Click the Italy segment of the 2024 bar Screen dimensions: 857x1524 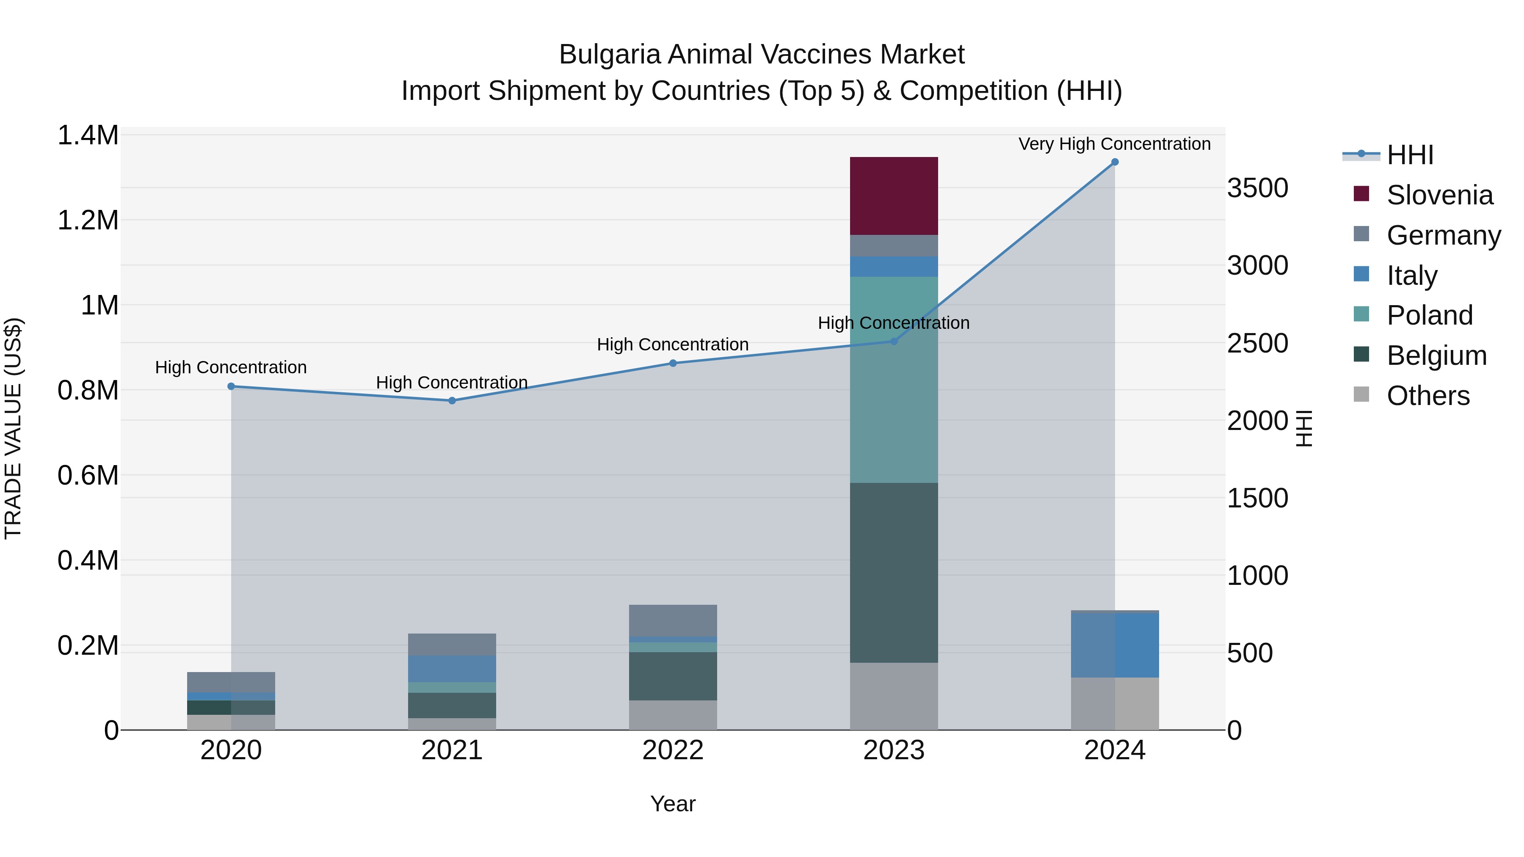pyautogui.click(x=1115, y=645)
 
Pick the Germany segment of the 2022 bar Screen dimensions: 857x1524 pyautogui.click(x=673, y=620)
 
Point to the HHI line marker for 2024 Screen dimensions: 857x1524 pyautogui.click(x=1115, y=162)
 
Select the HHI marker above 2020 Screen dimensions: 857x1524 pyautogui.click(x=231, y=386)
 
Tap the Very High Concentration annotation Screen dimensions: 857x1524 pyautogui.click(x=1114, y=144)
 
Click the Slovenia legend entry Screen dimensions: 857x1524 pyautogui.click(x=1439, y=195)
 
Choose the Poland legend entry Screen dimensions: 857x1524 pyautogui.click(x=1429, y=315)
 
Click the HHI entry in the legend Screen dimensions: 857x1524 pyautogui.click(x=1409, y=155)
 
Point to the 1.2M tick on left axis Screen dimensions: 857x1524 pyautogui.click(x=88, y=220)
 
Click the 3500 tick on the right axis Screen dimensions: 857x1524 pyautogui.click(x=1257, y=188)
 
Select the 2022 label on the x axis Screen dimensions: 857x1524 pyautogui.click(x=673, y=750)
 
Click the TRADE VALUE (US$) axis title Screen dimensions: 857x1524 pyautogui.click(x=13, y=428)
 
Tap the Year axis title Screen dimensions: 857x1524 pyautogui.click(x=673, y=804)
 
